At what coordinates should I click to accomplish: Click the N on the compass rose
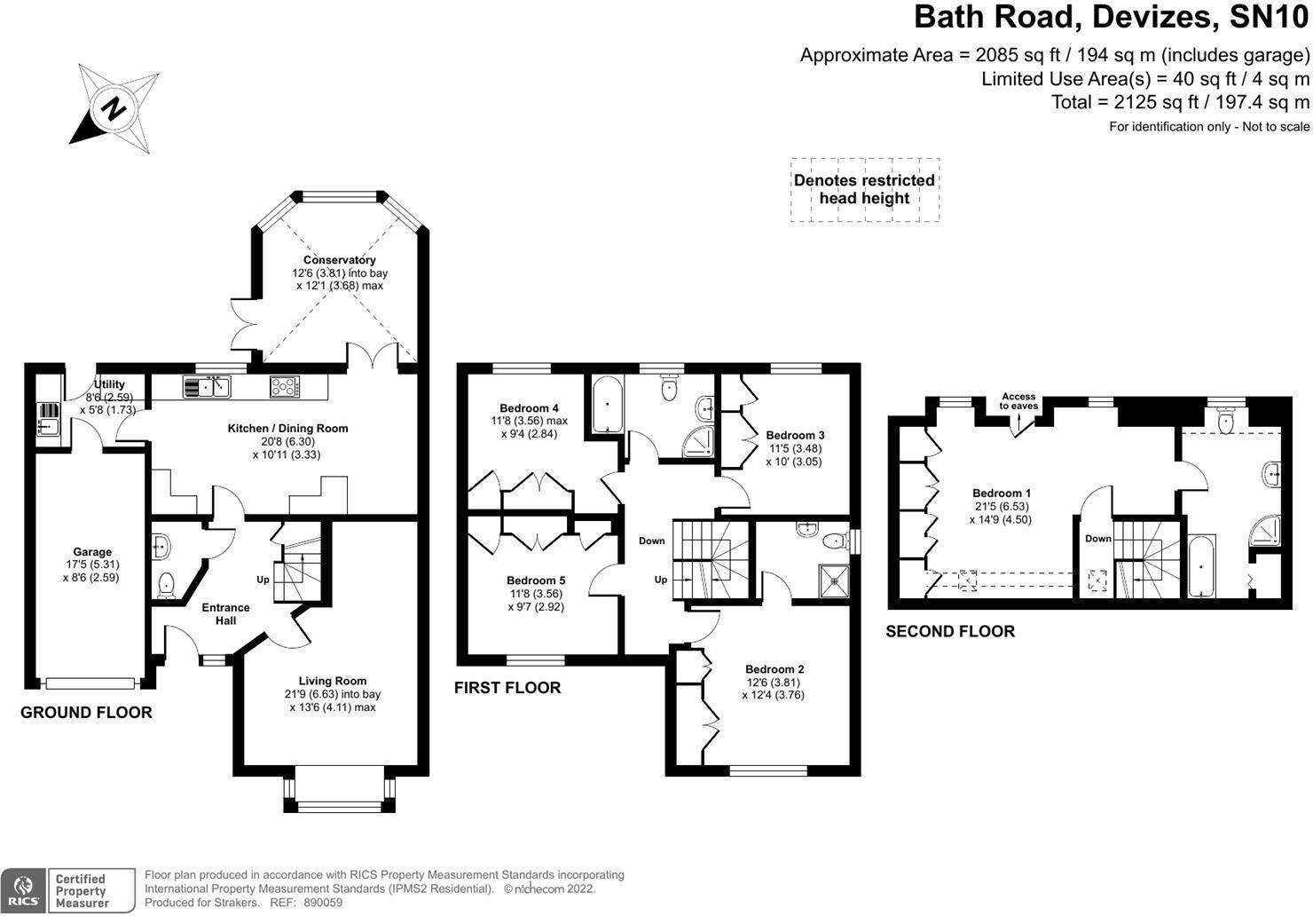point(114,108)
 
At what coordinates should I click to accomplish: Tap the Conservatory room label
point(340,260)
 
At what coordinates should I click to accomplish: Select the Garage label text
point(92,552)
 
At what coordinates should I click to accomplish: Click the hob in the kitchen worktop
point(285,387)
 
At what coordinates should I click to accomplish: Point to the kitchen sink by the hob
point(207,387)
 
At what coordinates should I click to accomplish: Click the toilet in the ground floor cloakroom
point(166,585)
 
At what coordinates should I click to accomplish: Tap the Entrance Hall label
point(225,614)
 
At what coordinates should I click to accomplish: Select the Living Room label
point(333,681)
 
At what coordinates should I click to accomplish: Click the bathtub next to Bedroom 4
point(607,406)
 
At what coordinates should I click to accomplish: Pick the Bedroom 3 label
point(795,435)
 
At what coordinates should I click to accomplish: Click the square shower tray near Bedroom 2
point(833,580)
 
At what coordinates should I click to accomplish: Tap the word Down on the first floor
point(652,541)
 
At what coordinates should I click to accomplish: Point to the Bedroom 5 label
point(536,580)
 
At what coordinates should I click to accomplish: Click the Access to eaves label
point(1018,401)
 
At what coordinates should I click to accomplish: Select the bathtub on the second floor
point(1201,565)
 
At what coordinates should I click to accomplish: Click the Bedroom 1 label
point(1001,494)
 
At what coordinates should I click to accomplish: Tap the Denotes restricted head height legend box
point(865,189)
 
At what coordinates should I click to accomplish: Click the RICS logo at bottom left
point(23,890)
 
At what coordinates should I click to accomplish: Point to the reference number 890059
point(323,903)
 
